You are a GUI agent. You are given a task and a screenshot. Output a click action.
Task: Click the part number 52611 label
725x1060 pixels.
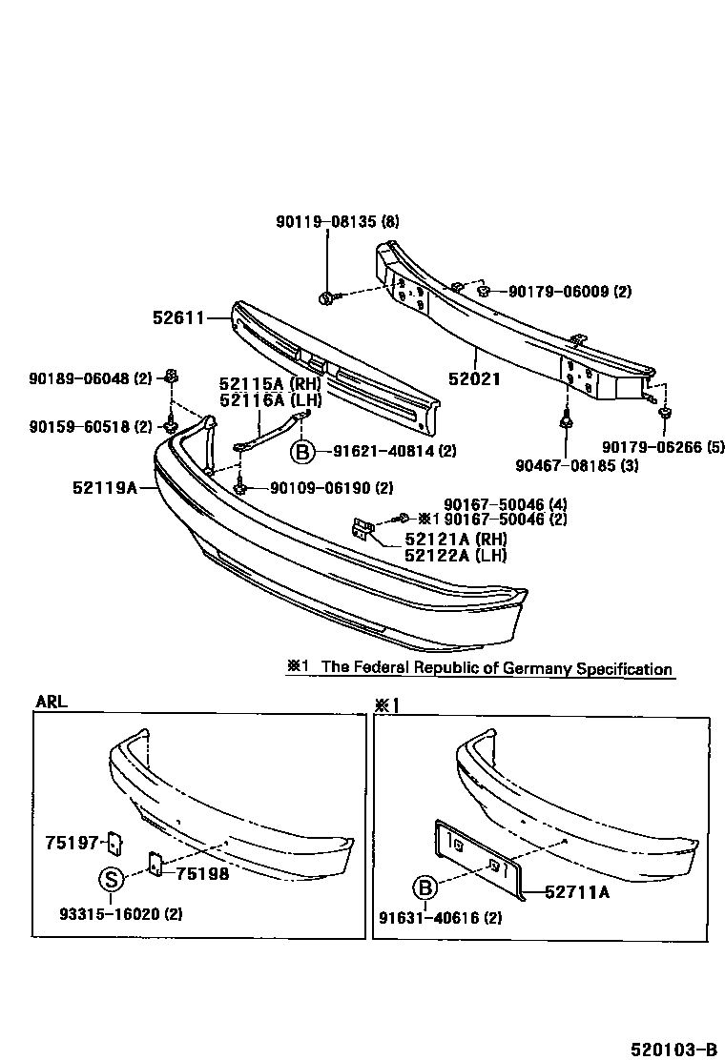tap(178, 317)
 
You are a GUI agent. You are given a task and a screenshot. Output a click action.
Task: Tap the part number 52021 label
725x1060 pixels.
tap(474, 378)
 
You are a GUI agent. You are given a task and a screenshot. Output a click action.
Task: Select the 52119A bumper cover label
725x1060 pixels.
tap(105, 488)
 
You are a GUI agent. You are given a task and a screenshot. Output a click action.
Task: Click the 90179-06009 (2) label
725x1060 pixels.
tap(569, 291)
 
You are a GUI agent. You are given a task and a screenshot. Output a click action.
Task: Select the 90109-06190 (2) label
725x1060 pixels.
tap(331, 488)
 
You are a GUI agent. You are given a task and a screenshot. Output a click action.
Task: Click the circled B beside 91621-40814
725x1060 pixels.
tap(301, 451)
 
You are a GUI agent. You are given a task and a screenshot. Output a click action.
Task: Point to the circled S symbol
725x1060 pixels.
tap(111, 878)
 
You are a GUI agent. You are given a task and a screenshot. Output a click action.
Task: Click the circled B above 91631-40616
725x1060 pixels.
tap(425, 889)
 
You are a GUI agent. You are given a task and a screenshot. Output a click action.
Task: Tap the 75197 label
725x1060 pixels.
tap(72, 842)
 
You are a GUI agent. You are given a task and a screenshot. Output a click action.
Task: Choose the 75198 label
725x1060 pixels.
tap(202, 873)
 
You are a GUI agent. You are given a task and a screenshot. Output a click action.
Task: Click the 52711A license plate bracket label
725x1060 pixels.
tap(577, 892)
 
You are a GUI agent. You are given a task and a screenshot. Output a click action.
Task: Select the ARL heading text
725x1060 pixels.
tap(52, 702)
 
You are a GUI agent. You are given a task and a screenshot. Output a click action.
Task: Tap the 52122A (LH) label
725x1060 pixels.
tap(455, 555)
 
